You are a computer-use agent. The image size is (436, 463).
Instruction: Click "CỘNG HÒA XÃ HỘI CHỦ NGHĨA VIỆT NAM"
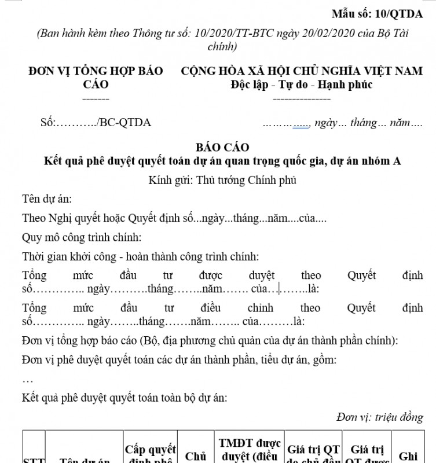click(302, 71)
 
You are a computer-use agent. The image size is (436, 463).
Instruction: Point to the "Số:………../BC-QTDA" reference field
click(96, 122)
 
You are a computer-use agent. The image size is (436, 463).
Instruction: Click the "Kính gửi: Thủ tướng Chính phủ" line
click(222, 180)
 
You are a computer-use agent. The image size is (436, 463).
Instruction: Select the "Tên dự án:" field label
click(47, 199)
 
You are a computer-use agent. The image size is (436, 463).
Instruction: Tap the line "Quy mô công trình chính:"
click(82, 237)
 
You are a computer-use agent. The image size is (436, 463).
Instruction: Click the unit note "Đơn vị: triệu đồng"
click(379, 417)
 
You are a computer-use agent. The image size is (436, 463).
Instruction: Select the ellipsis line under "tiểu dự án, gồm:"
click(28, 380)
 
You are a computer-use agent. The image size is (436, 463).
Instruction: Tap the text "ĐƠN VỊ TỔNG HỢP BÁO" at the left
click(96, 71)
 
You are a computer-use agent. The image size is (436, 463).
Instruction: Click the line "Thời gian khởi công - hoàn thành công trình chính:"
click(141, 256)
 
